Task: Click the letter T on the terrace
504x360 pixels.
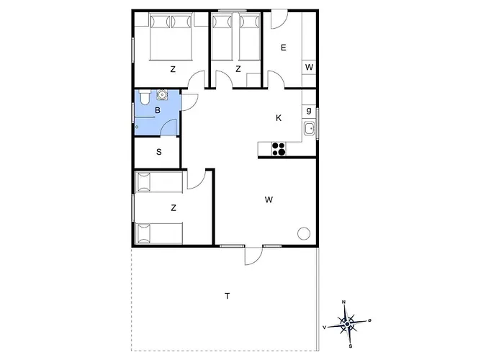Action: click(x=228, y=296)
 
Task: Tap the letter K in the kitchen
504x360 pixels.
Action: click(x=279, y=118)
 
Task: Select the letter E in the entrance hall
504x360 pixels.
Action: click(x=284, y=48)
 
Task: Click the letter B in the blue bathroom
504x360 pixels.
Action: click(x=158, y=111)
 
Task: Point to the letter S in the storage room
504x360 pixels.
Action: click(x=159, y=152)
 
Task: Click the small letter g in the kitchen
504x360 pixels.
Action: click(x=309, y=111)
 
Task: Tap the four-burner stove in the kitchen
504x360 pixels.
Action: click(x=279, y=149)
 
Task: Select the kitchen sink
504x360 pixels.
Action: click(x=310, y=129)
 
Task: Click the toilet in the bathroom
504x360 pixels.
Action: click(x=144, y=97)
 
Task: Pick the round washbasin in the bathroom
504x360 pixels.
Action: click(x=162, y=95)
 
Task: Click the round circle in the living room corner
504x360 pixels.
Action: click(x=304, y=234)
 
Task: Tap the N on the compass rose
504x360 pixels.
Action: click(x=343, y=302)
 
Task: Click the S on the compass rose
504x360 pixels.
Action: click(x=351, y=346)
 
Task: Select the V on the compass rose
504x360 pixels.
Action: click(x=325, y=327)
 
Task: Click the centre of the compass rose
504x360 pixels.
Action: click(x=347, y=324)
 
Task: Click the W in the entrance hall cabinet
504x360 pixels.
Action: click(x=309, y=67)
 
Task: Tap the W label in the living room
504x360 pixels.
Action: click(x=269, y=200)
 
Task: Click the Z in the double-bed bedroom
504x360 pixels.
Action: click(x=173, y=69)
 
